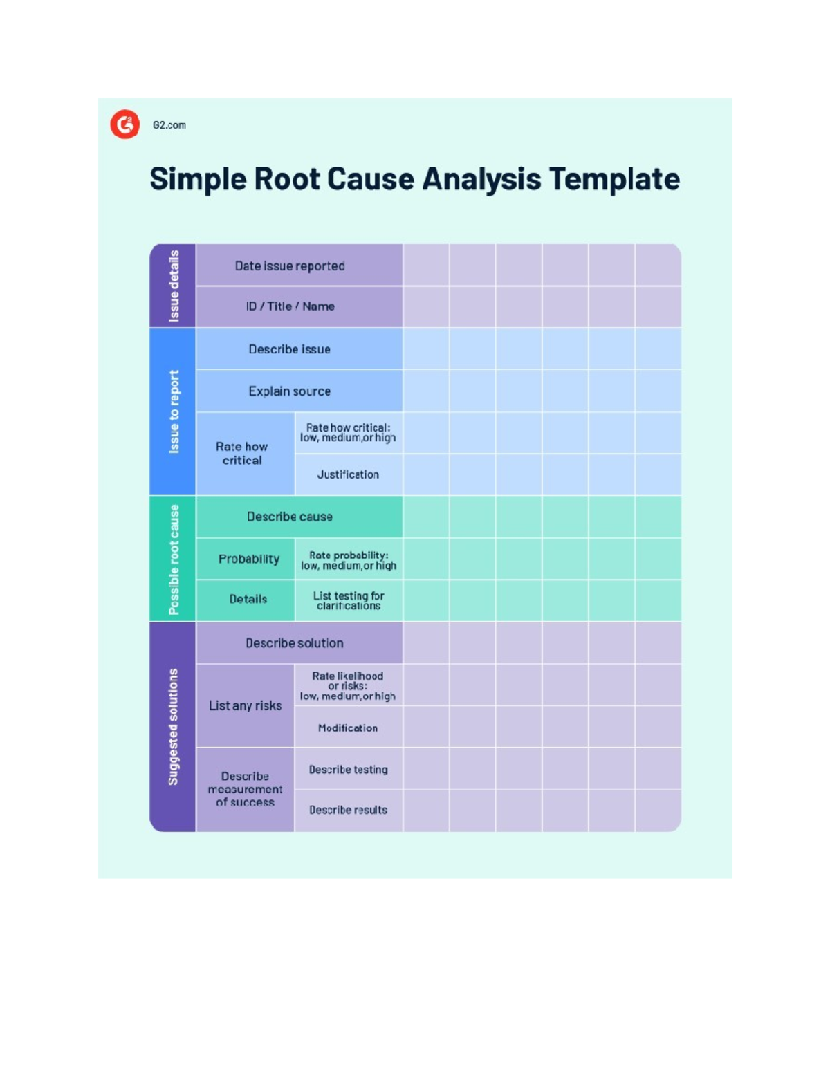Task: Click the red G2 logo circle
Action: tap(125, 124)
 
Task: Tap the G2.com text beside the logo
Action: tap(169, 125)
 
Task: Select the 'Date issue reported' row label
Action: tap(290, 266)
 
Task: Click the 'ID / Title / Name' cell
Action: tap(290, 306)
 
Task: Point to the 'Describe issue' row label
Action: tap(290, 349)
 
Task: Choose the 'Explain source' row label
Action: tap(290, 391)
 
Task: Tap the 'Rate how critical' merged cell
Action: tap(242, 454)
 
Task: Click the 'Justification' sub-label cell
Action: tap(348, 474)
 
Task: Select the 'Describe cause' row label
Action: tap(290, 517)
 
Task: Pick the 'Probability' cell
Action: tap(248, 559)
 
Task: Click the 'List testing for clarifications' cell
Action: tap(348, 600)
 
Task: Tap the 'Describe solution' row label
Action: tap(295, 643)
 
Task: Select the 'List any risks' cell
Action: tap(245, 705)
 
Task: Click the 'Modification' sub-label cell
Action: tap(348, 728)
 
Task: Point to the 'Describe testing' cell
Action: tap(348, 770)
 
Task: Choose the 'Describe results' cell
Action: tap(348, 810)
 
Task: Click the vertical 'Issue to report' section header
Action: tap(174, 412)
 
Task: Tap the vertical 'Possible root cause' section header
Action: tap(174, 559)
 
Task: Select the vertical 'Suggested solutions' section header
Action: tap(174, 726)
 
